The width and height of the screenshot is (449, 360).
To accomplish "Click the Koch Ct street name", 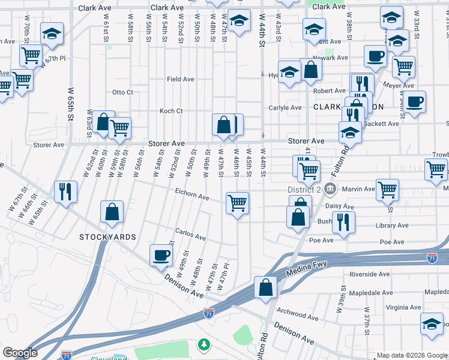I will click(170, 111).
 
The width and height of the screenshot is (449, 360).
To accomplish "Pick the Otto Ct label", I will click(122, 92).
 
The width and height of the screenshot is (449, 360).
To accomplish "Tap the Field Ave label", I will click(180, 79).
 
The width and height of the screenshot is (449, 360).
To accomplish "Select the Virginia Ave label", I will click(404, 307).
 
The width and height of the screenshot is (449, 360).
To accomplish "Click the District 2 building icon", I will click(330, 190).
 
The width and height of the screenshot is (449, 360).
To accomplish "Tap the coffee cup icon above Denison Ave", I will click(160, 254).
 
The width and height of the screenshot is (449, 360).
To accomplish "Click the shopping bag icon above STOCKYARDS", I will click(112, 212).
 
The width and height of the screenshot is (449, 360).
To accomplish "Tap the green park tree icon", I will click(204, 344).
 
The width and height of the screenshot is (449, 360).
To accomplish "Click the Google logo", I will click(20, 353).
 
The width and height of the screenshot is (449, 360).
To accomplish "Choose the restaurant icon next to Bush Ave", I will click(343, 221).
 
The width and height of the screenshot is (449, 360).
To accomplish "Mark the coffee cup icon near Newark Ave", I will click(376, 56).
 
